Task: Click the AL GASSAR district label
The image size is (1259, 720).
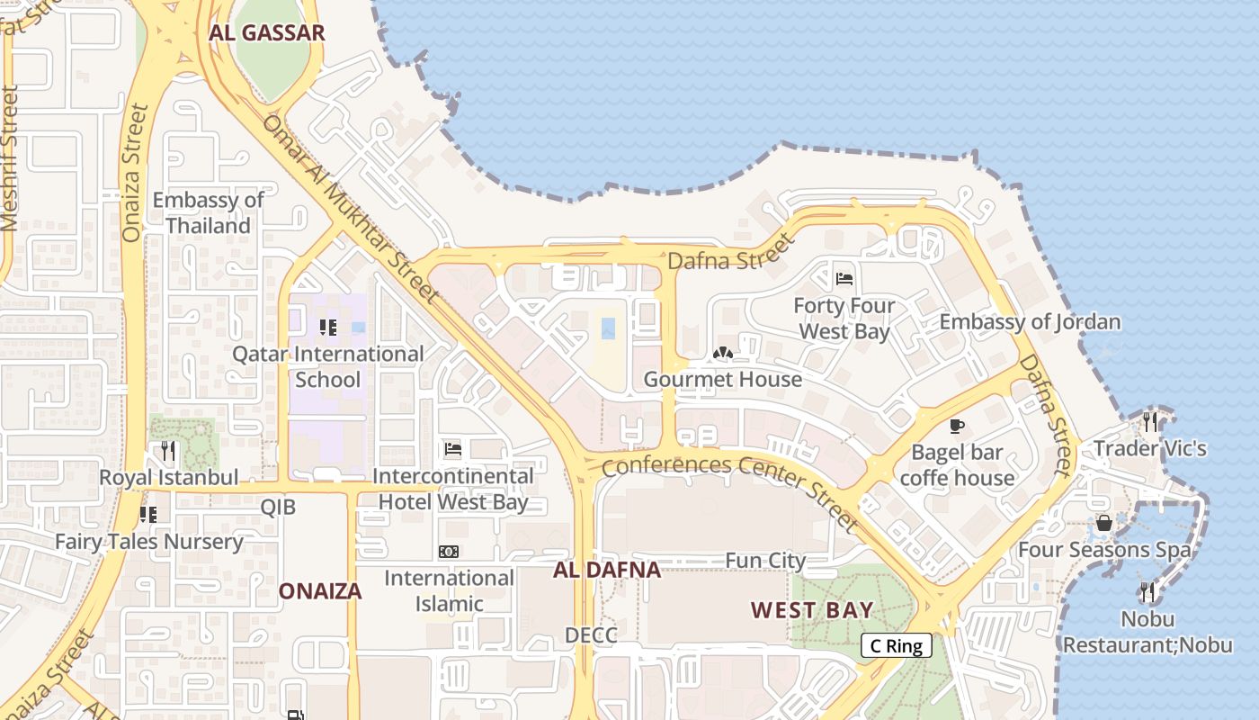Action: (266, 34)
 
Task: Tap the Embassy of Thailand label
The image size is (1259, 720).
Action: (208, 212)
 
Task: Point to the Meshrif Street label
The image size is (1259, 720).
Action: (9, 158)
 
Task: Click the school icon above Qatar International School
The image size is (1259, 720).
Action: (327, 327)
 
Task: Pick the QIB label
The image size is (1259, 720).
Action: (278, 507)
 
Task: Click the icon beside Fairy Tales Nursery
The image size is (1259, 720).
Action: (147, 514)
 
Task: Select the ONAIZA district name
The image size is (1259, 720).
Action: (320, 591)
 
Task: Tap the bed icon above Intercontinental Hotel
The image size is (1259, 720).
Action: (453, 448)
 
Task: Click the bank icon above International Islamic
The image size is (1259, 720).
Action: (448, 551)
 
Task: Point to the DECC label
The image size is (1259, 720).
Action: (591, 635)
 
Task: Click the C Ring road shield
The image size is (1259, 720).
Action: (896, 645)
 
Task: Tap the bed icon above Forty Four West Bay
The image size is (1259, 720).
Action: (844, 278)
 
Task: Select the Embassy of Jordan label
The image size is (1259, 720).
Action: (1030, 322)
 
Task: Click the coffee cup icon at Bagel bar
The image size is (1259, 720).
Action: (956, 425)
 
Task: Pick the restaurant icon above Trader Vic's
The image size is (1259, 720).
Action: (1150, 421)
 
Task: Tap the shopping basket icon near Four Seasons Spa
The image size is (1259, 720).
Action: (1103, 523)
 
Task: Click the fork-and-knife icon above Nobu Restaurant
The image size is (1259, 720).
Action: (1147, 591)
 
